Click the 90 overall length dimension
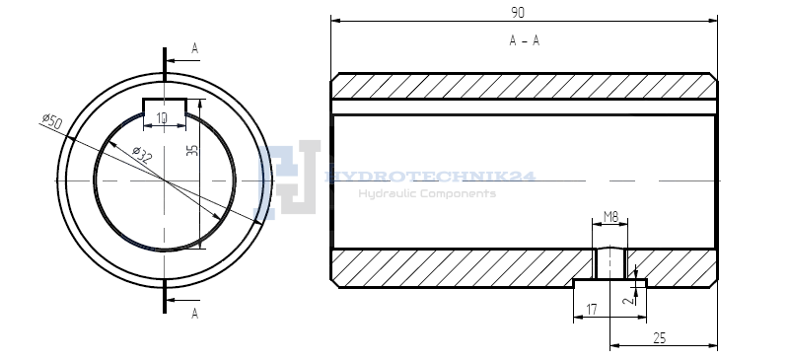pyautogui.click(x=517, y=13)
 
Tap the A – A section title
pyautogui.click(x=525, y=40)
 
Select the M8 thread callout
pyautogui.click(x=610, y=218)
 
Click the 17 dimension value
pyautogui.click(x=592, y=310)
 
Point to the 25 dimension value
pyautogui.click(x=659, y=338)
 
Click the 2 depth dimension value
pyautogui.click(x=627, y=300)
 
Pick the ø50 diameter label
pyautogui.click(x=52, y=121)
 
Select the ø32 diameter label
pyautogui.click(x=142, y=155)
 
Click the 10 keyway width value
pyautogui.click(x=162, y=118)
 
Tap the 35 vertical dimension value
pyautogui.click(x=192, y=150)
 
